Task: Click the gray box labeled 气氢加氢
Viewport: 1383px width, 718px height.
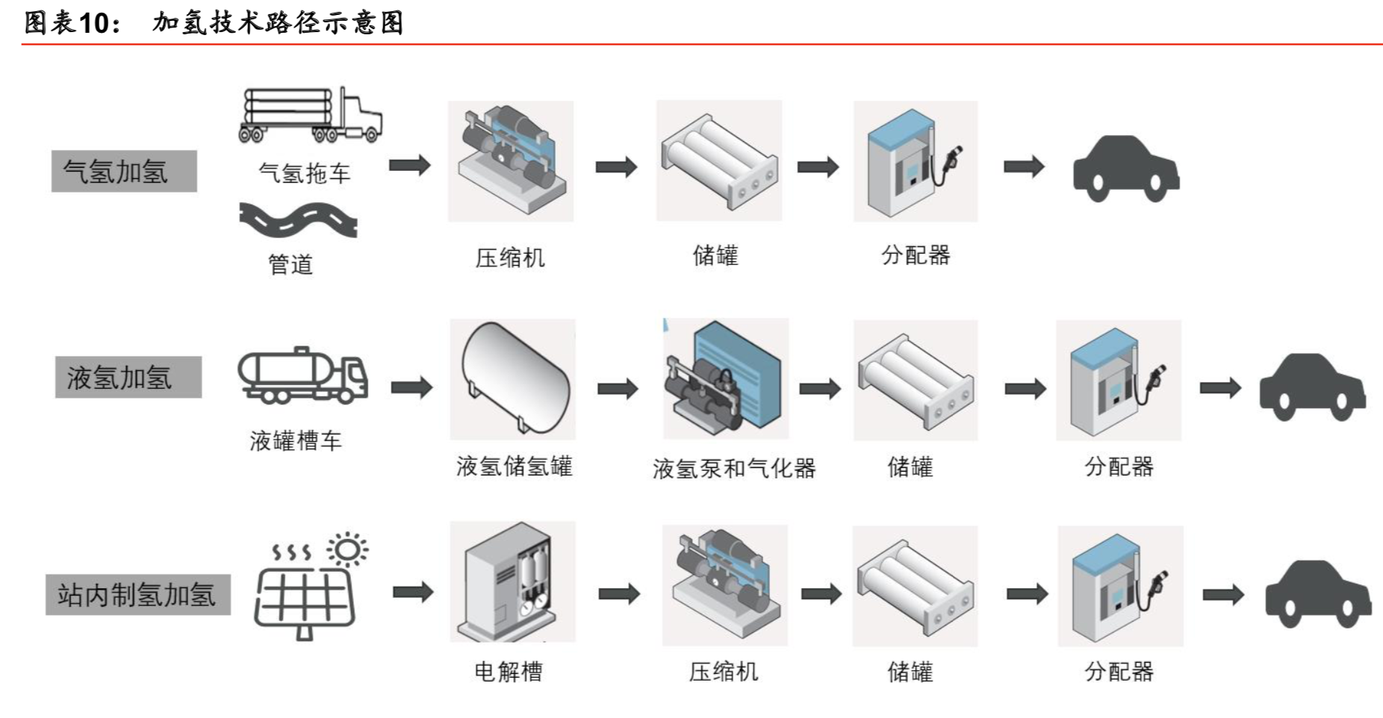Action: point(124,172)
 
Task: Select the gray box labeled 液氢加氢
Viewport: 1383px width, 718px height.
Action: point(128,377)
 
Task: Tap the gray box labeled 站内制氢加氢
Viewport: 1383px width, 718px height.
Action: point(137,594)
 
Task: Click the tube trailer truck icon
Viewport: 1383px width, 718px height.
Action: point(310,115)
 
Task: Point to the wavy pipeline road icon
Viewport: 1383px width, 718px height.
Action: point(298,219)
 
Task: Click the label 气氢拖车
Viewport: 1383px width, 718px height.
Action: point(304,174)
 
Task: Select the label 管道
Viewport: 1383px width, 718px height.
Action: point(290,264)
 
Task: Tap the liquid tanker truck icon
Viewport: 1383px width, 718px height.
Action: point(302,375)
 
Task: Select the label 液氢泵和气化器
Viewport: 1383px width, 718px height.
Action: point(733,468)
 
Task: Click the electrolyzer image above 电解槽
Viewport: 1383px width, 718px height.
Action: point(512,581)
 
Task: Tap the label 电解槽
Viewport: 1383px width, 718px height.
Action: point(509,672)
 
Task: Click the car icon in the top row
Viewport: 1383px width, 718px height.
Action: point(1125,169)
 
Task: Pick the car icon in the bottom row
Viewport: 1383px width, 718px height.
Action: point(1317,594)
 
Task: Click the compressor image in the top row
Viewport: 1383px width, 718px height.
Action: point(510,160)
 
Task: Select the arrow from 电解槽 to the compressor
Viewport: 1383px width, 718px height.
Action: point(619,593)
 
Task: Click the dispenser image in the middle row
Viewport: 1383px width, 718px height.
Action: point(1118,380)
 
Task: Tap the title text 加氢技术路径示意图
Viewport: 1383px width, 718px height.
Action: point(278,22)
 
